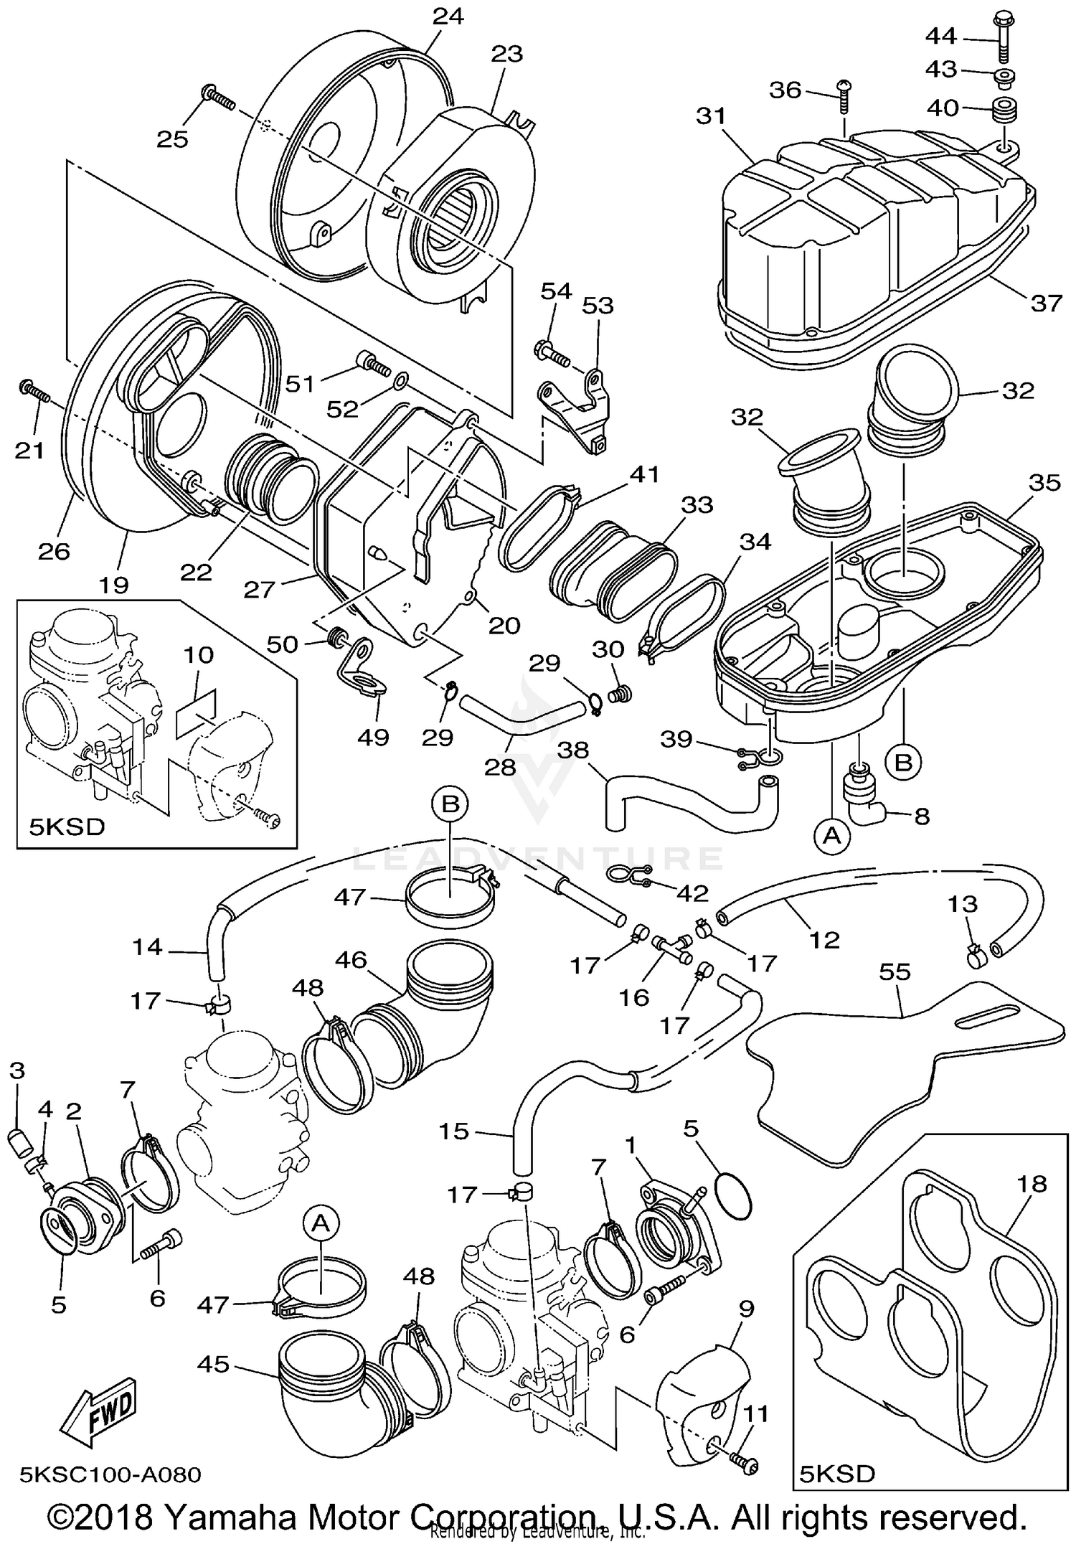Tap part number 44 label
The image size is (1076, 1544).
coord(940,34)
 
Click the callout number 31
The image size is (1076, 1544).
coord(711,116)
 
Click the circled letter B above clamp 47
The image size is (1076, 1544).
coord(450,804)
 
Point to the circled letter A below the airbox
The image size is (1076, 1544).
coord(831,834)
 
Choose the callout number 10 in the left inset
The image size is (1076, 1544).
coord(199,654)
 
